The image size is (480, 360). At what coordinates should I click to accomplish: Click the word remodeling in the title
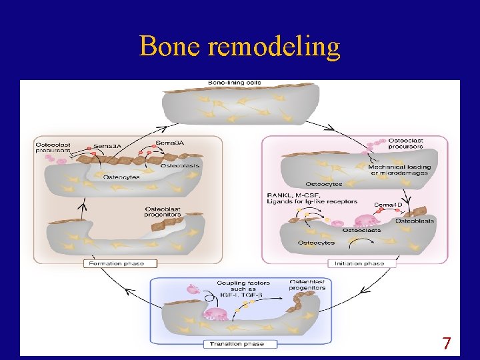274,47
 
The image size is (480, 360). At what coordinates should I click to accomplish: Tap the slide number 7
447,344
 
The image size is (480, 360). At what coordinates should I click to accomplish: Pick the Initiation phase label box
364,263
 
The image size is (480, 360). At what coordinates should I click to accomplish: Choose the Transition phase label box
237,344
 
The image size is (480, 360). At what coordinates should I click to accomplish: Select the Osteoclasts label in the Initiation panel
361,230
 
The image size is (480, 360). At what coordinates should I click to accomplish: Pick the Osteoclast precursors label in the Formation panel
53,147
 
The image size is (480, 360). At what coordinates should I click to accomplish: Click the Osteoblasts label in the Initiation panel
415,221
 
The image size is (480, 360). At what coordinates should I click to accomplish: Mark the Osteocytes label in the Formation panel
121,177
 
